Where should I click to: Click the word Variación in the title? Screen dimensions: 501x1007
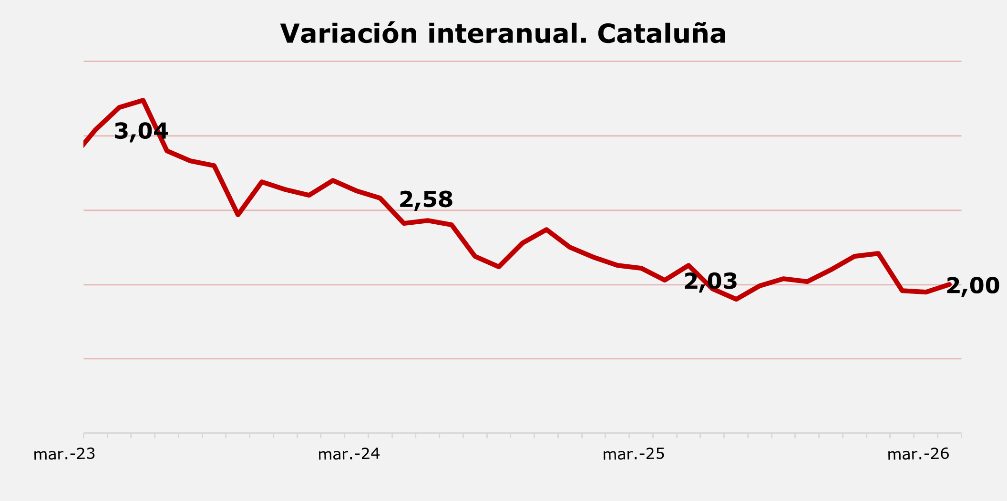tap(349, 34)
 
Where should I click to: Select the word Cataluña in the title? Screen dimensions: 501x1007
tap(661, 34)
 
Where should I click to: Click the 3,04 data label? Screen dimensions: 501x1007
tap(141, 131)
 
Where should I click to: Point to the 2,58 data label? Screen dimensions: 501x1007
tap(426, 199)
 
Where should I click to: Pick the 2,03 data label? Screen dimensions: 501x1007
tap(710, 282)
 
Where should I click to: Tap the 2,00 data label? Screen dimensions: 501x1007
tap(973, 286)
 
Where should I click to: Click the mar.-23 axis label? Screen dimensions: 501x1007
tap(64, 454)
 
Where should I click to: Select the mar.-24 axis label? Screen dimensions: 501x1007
tap(349, 454)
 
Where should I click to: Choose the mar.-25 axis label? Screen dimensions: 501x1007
tap(634, 454)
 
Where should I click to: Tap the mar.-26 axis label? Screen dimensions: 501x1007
tap(918, 454)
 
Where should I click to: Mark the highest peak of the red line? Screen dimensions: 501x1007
tap(143, 100)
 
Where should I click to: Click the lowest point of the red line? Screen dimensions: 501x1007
tap(736, 299)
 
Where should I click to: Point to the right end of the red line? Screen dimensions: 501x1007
tap(949, 284)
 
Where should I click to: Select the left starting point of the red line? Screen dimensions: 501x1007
tap(84, 145)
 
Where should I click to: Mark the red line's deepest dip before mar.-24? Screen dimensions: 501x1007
tap(238, 215)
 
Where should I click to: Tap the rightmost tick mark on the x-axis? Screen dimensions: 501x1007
tap(961, 435)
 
